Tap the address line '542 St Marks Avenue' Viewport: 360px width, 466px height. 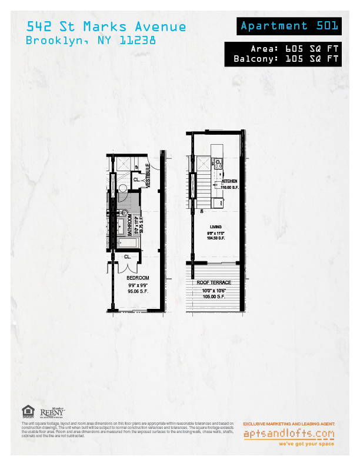(106, 27)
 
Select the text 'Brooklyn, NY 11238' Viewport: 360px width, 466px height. (91, 41)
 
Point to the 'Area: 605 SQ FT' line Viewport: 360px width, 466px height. (295, 49)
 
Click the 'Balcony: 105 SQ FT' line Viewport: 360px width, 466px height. (286, 59)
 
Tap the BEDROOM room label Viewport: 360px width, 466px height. (138, 278)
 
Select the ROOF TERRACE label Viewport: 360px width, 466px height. (214, 283)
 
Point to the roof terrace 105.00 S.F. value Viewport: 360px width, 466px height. (214, 297)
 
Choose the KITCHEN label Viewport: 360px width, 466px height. (229, 181)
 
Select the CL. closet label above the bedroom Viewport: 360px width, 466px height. (127, 257)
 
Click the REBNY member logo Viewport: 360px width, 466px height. (52, 414)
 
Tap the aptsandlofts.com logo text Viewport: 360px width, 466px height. (289, 434)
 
